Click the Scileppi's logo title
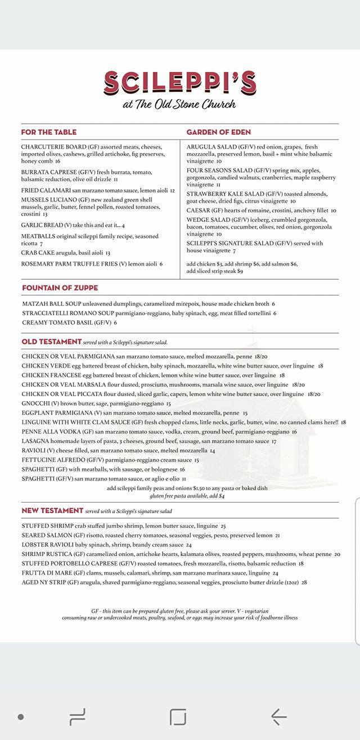coord(180,83)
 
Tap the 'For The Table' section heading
coord(49,132)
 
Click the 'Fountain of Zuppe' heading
coord(56,288)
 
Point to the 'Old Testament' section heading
coord(52,342)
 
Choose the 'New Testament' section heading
coord(52,510)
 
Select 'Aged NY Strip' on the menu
coord(43,582)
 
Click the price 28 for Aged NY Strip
coord(304,582)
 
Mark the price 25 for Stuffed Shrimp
coord(223,526)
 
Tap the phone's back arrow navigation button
coord(279,716)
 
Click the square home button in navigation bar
coord(178,716)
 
